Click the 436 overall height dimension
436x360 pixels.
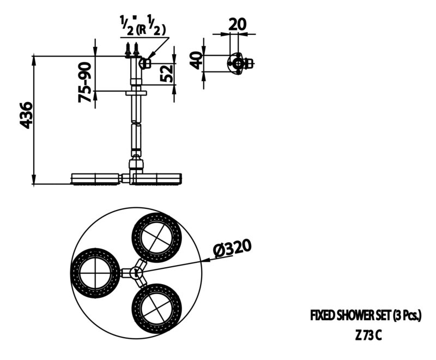(x=27, y=115)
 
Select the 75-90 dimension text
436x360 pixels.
(x=85, y=82)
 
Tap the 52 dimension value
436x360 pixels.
(x=167, y=73)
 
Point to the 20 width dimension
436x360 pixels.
(x=238, y=24)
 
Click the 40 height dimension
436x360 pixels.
(x=196, y=60)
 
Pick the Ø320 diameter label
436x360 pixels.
(x=233, y=247)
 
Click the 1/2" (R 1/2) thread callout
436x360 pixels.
(x=143, y=26)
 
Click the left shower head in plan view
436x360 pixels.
(x=96, y=273)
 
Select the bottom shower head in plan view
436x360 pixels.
(x=157, y=308)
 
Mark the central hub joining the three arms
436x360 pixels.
(x=136, y=272)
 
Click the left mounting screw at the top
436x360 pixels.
(x=128, y=50)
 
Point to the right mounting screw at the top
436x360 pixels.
(x=136, y=50)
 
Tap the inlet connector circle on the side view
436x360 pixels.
(x=144, y=63)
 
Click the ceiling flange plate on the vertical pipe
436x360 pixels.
(x=136, y=93)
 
